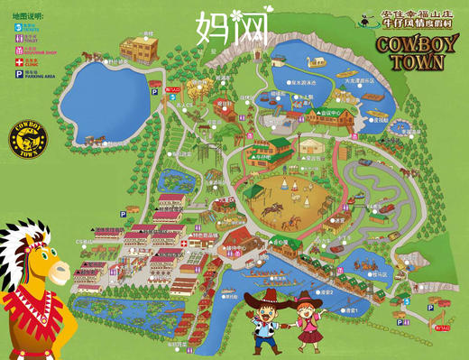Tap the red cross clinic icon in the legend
[x=14, y=64]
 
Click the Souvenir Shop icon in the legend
[x=14, y=52]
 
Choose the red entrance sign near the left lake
[x=174, y=90]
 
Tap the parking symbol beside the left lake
[x=155, y=90]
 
